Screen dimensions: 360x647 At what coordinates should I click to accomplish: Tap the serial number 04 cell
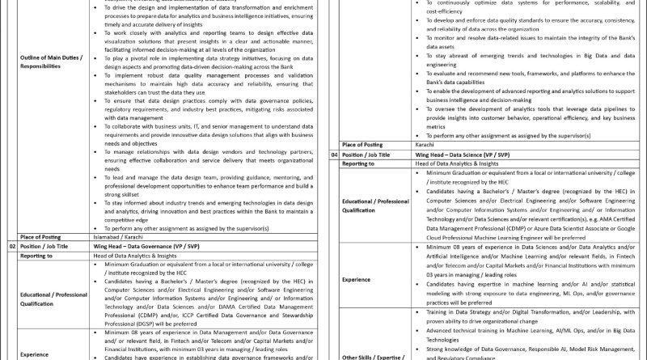(x=334, y=176)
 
